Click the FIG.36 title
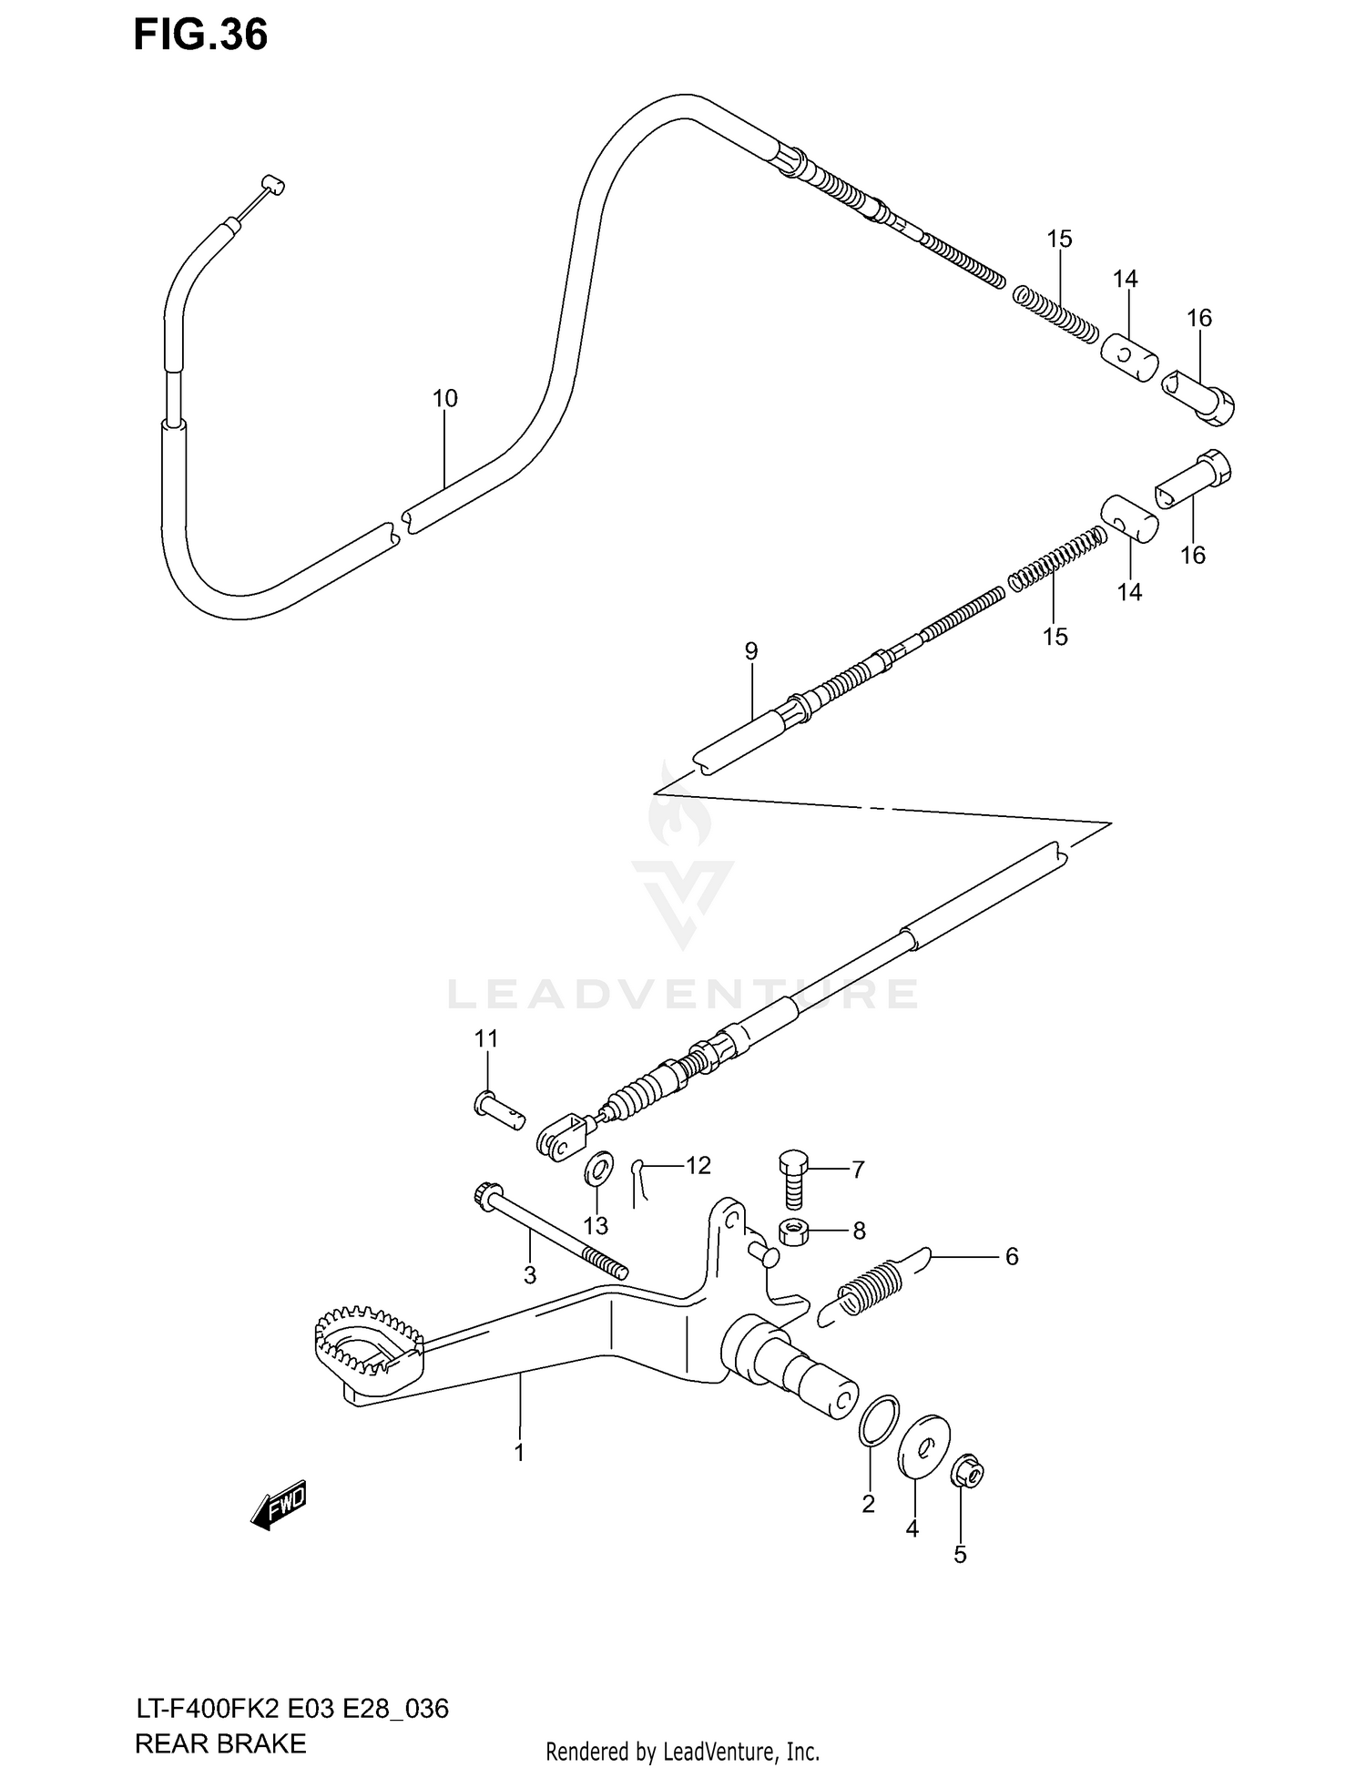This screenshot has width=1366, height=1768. pyautogui.click(x=201, y=36)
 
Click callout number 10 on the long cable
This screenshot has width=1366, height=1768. pyautogui.click(x=445, y=398)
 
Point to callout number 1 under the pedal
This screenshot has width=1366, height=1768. pyautogui.click(x=519, y=1452)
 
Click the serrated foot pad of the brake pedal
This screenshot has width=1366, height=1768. pyautogui.click(x=369, y=1345)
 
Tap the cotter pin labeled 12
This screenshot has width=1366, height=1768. pyautogui.click(x=640, y=1182)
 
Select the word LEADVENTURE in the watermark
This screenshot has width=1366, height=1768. pyautogui.click(x=682, y=994)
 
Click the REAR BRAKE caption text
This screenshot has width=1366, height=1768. pyautogui.click(x=220, y=1718)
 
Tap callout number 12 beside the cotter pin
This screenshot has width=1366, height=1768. pyautogui.click(x=698, y=1165)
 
